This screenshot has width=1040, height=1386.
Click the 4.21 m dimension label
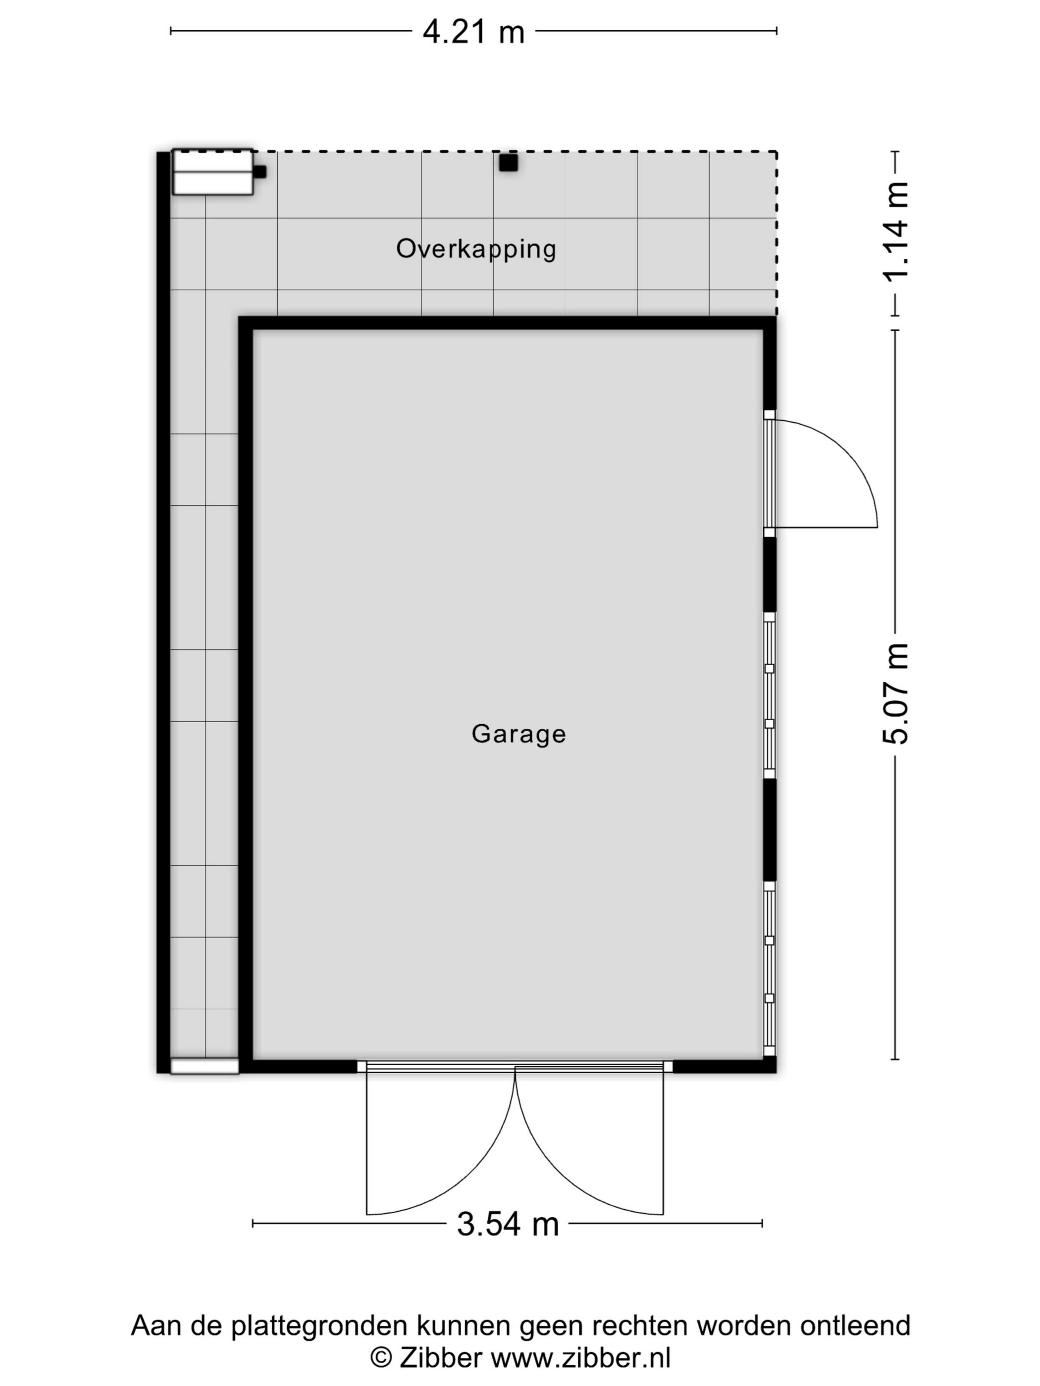point(473,31)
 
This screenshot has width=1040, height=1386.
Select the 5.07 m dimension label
point(895,693)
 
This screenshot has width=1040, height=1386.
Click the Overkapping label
point(476,249)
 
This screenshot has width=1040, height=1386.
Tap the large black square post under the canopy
point(509,162)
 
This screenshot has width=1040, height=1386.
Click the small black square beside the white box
point(260,172)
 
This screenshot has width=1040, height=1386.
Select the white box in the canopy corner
point(212,172)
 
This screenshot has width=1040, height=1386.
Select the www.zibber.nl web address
point(580,1358)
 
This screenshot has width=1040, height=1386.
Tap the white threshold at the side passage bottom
point(205,1066)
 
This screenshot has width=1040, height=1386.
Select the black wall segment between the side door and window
point(770,575)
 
